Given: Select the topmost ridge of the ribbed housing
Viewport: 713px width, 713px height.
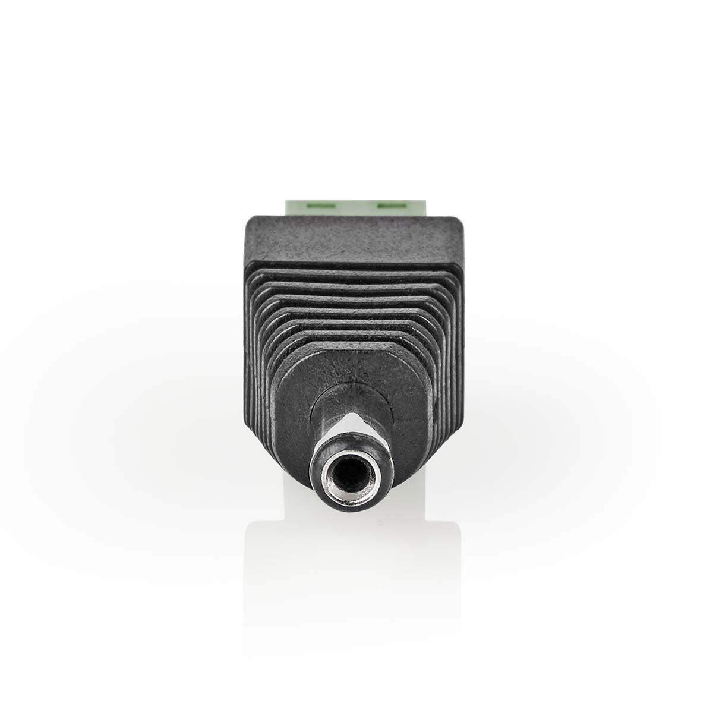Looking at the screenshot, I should pyautogui.click(x=355, y=275).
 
